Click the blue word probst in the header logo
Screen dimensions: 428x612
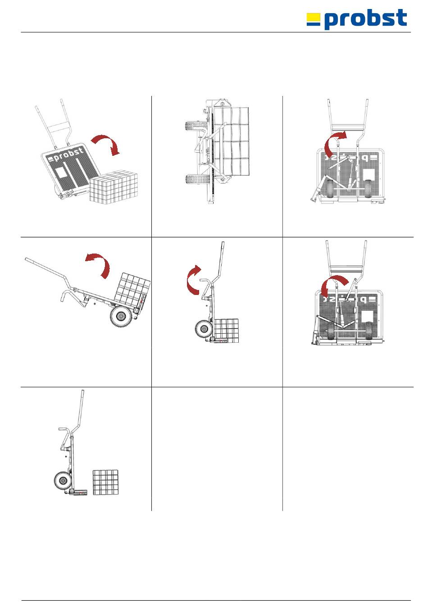(365, 19)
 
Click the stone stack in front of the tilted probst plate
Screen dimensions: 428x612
(114, 187)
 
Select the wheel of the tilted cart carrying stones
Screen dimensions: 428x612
(120, 317)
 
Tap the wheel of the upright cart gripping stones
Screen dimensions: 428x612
(203, 330)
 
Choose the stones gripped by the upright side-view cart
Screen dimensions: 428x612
(226, 331)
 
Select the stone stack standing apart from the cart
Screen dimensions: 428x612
(105, 482)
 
